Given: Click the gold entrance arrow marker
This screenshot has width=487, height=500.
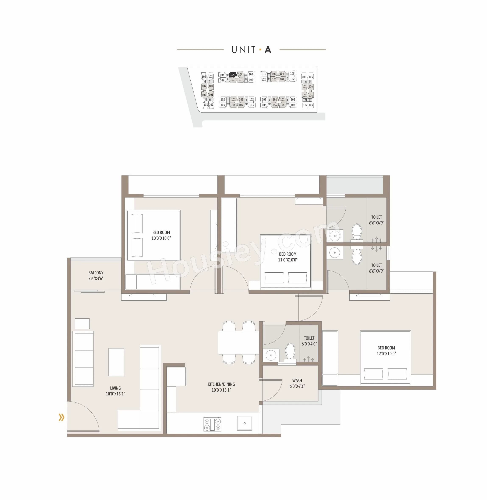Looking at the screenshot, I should coord(61,417).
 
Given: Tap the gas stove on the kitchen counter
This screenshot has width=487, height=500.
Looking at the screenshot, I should coord(212,424).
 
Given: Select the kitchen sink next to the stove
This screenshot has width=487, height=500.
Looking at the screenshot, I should coord(244,423).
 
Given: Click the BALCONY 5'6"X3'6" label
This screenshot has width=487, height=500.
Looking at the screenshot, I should coord(96,276).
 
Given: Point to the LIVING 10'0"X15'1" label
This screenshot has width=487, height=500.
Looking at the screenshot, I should coord(115,391).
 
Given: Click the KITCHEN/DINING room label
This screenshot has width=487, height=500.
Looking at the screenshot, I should coord(221,387).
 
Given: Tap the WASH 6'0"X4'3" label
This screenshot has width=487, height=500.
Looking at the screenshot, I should coord(297,383).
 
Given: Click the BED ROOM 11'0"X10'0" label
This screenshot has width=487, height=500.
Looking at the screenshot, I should coord(288,257).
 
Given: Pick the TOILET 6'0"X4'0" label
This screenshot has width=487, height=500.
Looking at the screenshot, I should coord(309,341).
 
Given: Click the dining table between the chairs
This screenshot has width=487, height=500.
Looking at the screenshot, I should coord(238,343).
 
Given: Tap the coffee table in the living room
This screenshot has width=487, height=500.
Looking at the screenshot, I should coord(116,362).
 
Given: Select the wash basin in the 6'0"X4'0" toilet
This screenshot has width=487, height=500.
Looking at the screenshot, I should coord(271,355).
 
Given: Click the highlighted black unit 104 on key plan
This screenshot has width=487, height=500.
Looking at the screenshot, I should coord(232,75).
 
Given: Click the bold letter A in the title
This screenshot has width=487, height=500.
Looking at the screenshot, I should coord(268,50).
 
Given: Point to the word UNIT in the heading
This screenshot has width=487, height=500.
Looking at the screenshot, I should coord(243,50).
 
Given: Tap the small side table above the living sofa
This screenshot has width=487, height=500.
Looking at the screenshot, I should coord(82,324).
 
